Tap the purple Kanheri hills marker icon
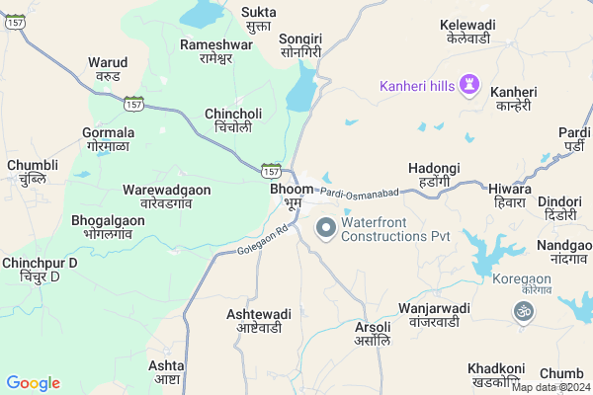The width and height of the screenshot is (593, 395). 469,86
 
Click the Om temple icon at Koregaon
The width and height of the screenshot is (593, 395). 523,311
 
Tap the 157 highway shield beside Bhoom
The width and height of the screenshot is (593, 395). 272,171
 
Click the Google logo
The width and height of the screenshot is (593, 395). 33,383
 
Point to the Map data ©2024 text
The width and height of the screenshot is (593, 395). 551,387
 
